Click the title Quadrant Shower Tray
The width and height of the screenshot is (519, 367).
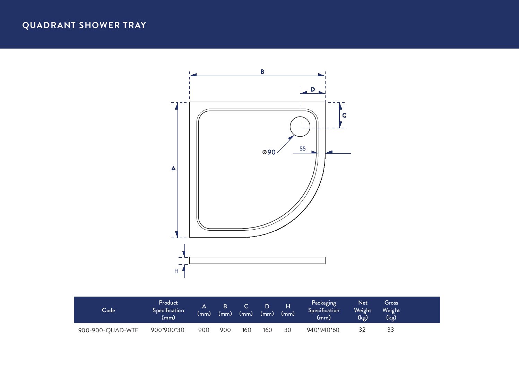(x=84, y=25)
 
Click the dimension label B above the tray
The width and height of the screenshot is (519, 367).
(x=262, y=72)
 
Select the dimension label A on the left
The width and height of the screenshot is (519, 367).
(x=173, y=168)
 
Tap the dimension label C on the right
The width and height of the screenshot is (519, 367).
(x=344, y=115)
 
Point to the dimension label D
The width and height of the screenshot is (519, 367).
(x=313, y=89)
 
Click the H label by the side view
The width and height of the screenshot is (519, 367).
(x=176, y=271)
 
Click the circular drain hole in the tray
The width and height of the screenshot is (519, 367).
(x=300, y=127)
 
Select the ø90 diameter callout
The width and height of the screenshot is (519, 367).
(x=269, y=152)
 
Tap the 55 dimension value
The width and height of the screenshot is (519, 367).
(x=303, y=148)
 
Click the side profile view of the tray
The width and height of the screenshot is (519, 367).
(x=257, y=261)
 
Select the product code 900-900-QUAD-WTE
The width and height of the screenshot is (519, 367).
(x=108, y=330)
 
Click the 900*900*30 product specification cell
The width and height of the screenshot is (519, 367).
(x=167, y=330)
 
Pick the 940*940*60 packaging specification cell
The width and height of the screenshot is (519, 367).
(x=323, y=330)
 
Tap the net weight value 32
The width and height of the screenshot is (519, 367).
(x=362, y=330)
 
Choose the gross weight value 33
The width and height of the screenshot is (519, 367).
(x=390, y=330)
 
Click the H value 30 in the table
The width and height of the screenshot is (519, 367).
(x=288, y=330)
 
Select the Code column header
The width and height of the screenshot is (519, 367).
(x=109, y=310)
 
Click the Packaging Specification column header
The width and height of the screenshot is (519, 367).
(x=323, y=310)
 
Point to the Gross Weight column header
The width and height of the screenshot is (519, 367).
(x=391, y=310)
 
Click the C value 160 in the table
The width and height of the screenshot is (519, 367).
(x=246, y=330)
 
